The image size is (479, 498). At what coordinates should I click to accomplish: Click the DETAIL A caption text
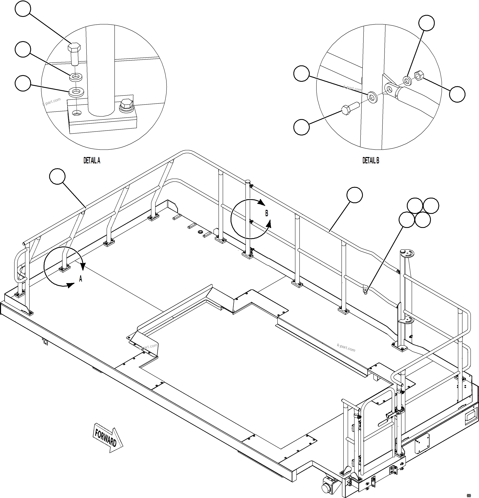click(x=92, y=161)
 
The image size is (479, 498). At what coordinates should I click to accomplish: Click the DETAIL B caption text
click(x=371, y=161)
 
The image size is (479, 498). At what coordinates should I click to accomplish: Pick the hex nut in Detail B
click(x=418, y=76)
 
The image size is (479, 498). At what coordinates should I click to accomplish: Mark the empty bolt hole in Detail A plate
click(x=76, y=113)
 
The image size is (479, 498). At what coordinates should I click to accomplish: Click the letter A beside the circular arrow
click(x=81, y=279)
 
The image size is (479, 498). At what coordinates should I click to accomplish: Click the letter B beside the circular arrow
click(x=266, y=213)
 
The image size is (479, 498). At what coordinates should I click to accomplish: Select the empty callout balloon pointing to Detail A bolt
click(x=23, y=9)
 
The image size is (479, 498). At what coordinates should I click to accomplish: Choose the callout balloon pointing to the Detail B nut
click(x=457, y=94)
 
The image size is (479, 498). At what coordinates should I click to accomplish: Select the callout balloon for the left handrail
click(x=57, y=176)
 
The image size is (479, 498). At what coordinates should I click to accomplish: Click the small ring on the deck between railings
click(x=200, y=232)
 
